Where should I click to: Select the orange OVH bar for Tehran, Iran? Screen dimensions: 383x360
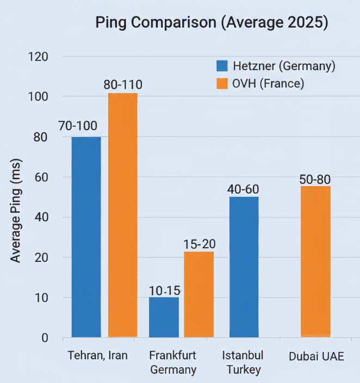[x=122, y=215]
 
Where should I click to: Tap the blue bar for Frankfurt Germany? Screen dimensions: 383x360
[x=164, y=317]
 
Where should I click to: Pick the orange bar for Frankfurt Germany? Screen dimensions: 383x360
[x=198, y=294]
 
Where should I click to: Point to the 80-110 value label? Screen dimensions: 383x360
[x=123, y=85]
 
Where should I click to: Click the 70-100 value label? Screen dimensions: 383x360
[x=78, y=126]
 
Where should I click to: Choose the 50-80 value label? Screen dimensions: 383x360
[x=315, y=179]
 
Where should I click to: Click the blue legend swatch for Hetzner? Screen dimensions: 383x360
[x=222, y=66]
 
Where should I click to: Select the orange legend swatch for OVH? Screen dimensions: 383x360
[x=222, y=84]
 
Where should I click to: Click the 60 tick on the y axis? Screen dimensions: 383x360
[x=42, y=177]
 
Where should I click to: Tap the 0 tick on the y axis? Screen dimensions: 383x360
[x=45, y=338]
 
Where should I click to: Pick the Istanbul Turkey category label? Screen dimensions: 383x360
[x=243, y=362]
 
